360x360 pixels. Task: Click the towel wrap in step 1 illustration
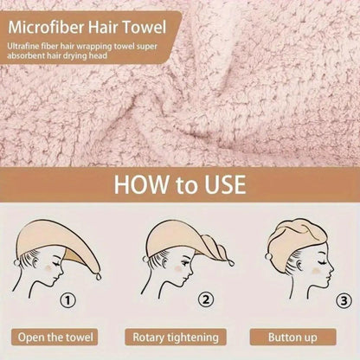coord(61,238)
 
